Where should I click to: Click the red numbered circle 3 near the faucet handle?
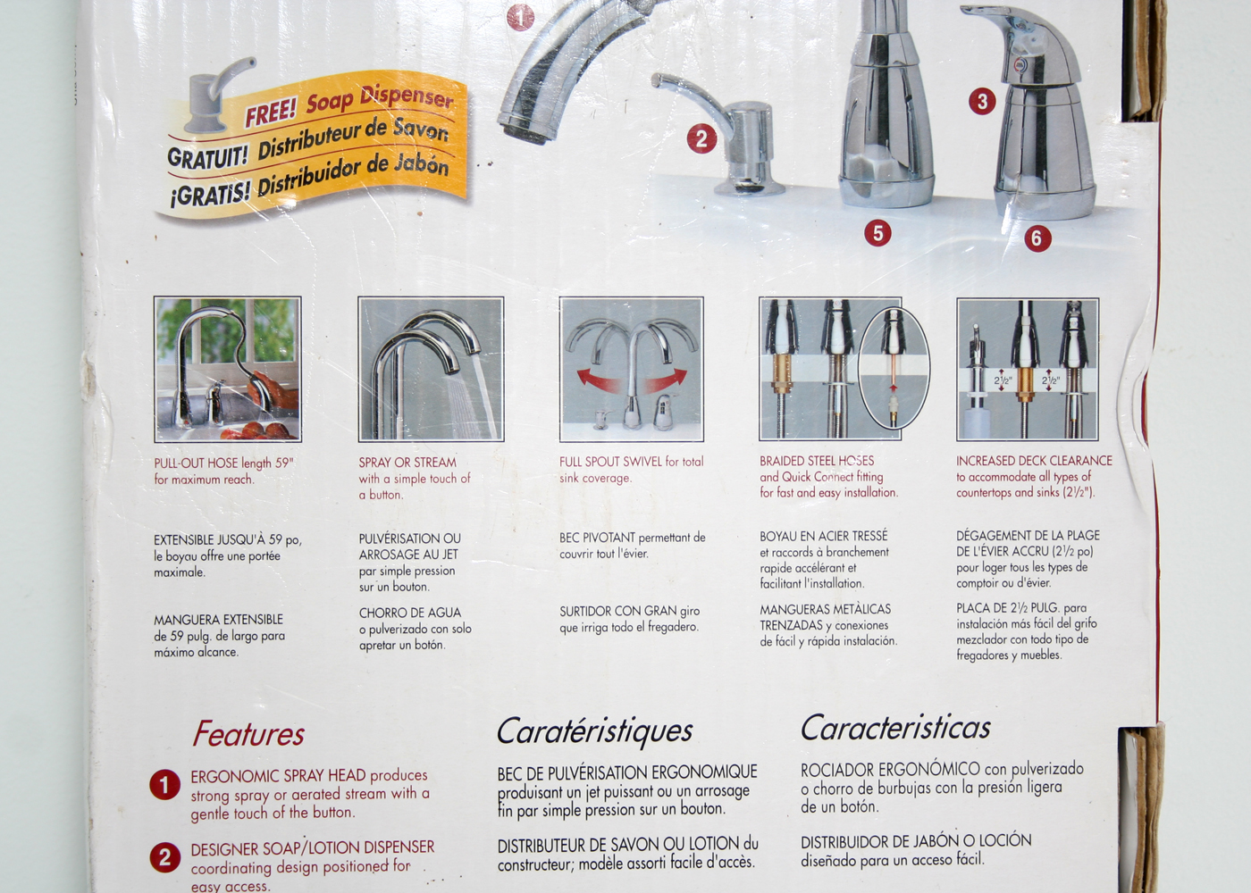pyautogui.click(x=982, y=101)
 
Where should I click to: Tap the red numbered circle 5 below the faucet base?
pyautogui.click(x=877, y=233)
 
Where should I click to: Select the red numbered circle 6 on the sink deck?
pyautogui.click(x=1037, y=238)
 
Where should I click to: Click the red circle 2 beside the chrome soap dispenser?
pyautogui.click(x=701, y=138)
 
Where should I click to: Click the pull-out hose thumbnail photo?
pyautogui.click(x=228, y=370)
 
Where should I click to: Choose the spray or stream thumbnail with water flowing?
pyautogui.click(x=431, y=370)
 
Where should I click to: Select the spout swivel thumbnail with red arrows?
pyautogui.click(x=632, y=370)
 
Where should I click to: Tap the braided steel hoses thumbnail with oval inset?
pyautogui.click(x=831, y=370)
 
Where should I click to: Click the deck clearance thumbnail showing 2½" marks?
pyautogui.click(x=1028, y=370)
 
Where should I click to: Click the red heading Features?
pyautogui.click(x=248, y=734)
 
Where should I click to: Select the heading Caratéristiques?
pyautogui.click(x=594, y=730)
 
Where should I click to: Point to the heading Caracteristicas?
pyautogui.click(x=895, y=728)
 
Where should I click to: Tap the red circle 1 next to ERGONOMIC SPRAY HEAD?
pyautogui.click(x=164, y=785)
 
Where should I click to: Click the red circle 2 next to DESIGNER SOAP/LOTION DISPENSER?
pyautogui.click(x=164, y=857)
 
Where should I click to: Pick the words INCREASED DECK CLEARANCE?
pyautogui.click(x=1034, y=461)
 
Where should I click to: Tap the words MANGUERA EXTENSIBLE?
pyautogui.click(x=218, y=620)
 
